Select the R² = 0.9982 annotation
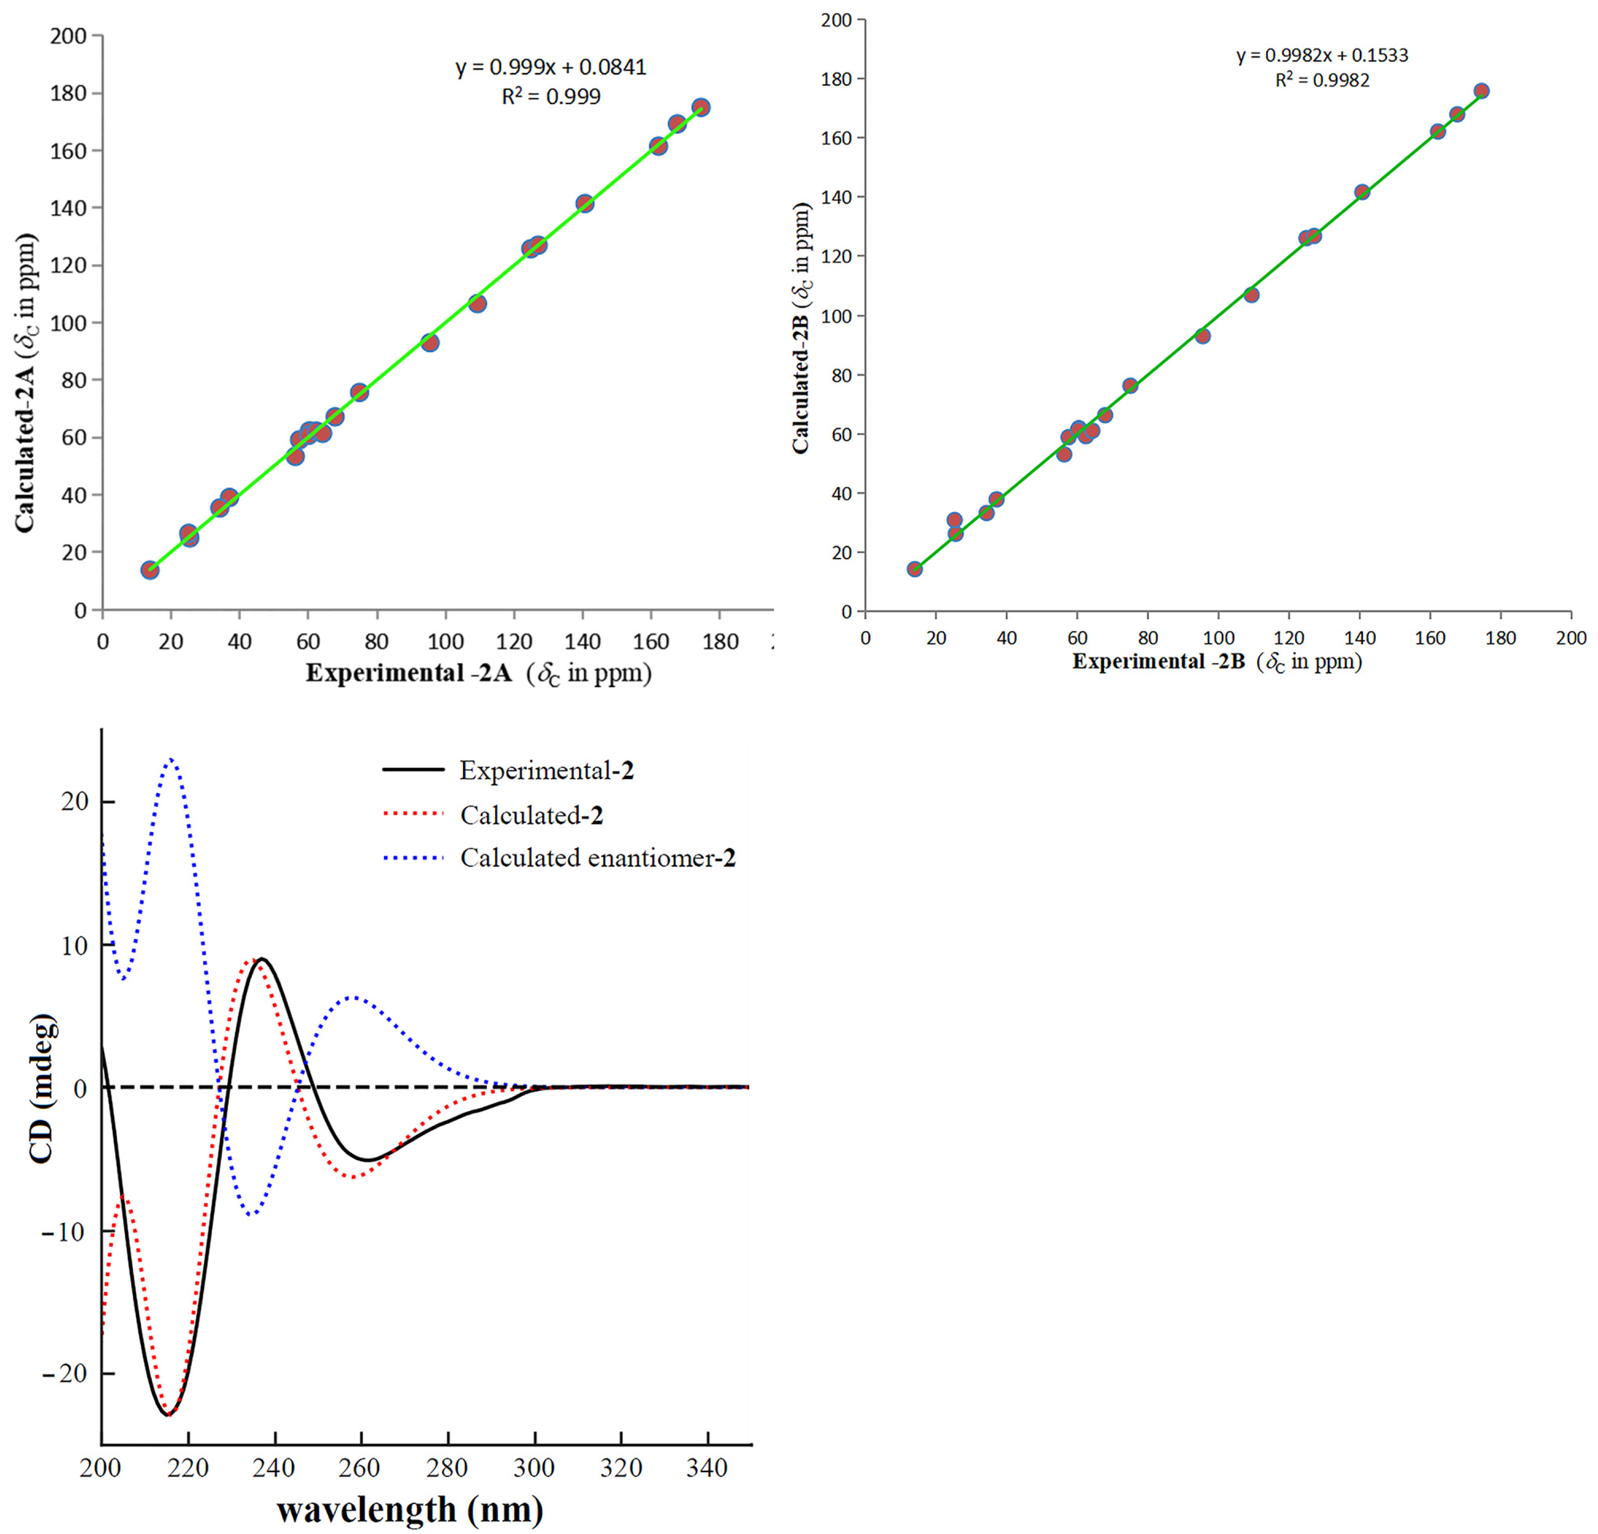click(1323, 80)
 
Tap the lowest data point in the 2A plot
click(150, 570)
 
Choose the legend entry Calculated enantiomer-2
click(597, 858)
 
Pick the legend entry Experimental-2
click(546, 770)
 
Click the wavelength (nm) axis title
click(410, 1510)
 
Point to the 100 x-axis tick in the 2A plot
click(445, 642)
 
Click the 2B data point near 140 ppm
click(1361, 192)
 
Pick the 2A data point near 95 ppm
click(430, 342)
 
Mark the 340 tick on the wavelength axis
click(707, 1469)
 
